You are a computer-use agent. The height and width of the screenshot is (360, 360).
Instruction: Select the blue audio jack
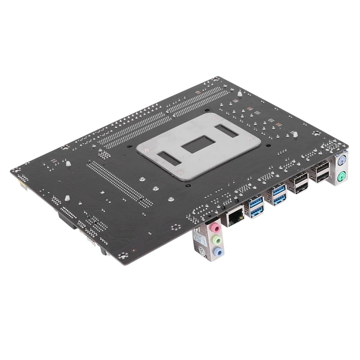coord(218,252)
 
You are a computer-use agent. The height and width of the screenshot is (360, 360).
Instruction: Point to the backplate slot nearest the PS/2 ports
coord(229,130)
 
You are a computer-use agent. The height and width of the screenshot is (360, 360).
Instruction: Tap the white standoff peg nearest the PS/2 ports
coord(295,134)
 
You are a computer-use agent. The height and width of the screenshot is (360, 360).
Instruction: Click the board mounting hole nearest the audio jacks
coord(176,227)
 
